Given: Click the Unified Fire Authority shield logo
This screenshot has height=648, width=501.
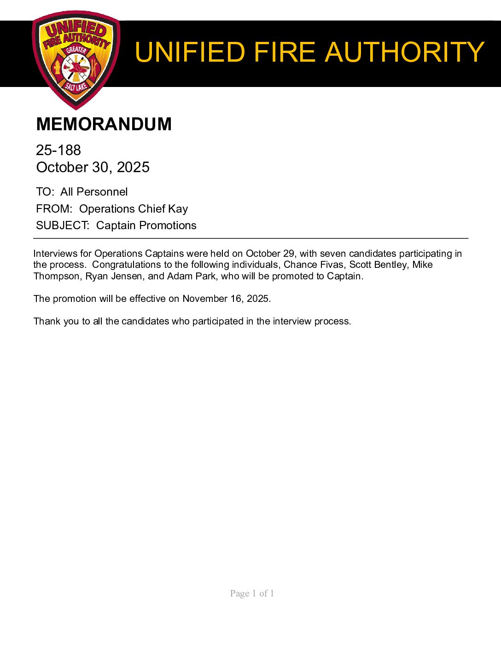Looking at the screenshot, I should click(x=76, y=60).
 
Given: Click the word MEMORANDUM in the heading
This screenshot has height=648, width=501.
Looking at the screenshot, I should click(x=104, y=124).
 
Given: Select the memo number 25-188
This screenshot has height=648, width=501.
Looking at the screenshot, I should click(x=58, y=150).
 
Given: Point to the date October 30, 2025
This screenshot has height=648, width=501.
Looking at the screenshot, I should click(x=93, y=167).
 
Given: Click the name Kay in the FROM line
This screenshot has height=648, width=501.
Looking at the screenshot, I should click(x=178, y=209).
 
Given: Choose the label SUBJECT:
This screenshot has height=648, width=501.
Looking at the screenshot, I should click(x=63, y=226).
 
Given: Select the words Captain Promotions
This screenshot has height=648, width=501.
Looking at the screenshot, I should click(x=146, y=226).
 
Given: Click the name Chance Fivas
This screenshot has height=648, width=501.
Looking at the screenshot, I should click(x=313, y=265).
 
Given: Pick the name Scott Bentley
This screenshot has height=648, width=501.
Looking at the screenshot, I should click(x=378, y=265).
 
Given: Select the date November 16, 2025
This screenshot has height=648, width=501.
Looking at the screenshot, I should click(x=225, y=299).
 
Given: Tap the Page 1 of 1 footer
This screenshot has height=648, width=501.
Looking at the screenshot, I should click(x=252, y=593).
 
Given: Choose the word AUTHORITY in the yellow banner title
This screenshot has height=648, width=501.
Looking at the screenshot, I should click(x=404, y=52).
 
